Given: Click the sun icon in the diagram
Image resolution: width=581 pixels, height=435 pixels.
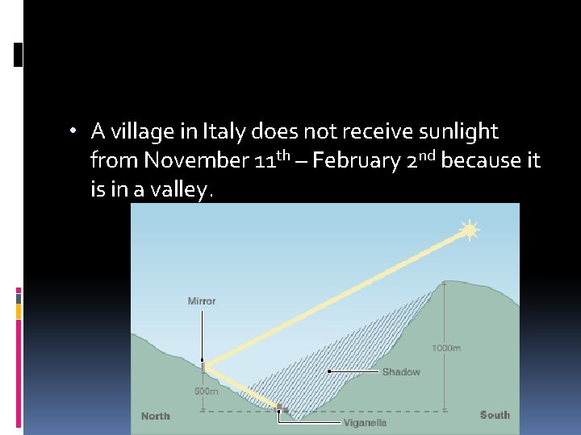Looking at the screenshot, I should point(469,230).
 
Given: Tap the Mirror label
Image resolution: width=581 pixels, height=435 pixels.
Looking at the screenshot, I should point(202,301).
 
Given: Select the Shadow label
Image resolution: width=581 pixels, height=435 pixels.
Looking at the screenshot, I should point(401,372).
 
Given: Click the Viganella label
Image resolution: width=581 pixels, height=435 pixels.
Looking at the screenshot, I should point(365,422).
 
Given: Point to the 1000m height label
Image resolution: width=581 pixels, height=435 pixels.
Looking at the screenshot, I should point(446,348).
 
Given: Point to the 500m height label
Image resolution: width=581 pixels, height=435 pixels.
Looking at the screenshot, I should point(206,391).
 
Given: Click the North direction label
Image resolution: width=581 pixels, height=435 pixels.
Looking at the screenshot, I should point(156,416).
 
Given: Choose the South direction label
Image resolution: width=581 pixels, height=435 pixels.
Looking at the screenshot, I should point(495,415).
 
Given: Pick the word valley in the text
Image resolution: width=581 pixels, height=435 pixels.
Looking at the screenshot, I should point(180,190).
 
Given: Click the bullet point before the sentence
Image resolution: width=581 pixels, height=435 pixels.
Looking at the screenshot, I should point(73,131).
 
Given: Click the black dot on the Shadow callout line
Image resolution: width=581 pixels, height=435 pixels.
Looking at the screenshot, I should point(328,371).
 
